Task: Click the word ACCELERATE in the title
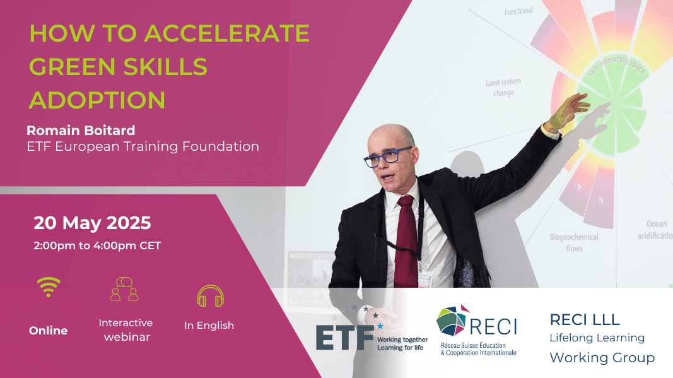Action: tap(226, 33)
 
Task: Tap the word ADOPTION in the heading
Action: tap(97, 100)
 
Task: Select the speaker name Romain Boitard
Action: tap(81, 130)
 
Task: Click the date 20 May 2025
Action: tap(92, 223)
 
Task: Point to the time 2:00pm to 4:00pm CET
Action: tap(97, 245)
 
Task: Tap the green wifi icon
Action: tap(49, 286)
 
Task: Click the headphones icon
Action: tap(210, 296)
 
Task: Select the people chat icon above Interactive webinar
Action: tap(124, 288)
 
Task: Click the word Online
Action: tap(48, 330)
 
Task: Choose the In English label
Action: tap(209, 326)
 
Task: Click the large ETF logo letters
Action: tap(344, 338)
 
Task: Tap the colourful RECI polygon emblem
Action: tap(452, 321)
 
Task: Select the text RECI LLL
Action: tap(585, 319)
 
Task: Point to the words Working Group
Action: tap(602, 357)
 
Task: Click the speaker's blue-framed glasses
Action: tap(387, 157)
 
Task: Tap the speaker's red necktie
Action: tap(406, 240)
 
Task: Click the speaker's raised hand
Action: tap(567, 112)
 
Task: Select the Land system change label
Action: tap(503, 87)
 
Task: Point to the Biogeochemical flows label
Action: tap(574, 242)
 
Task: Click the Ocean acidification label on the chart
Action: tap(655, 230)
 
